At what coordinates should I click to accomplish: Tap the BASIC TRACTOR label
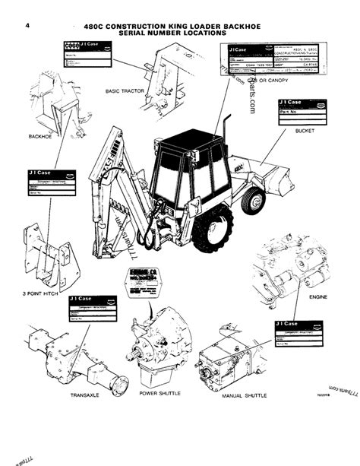(x=125, y=90)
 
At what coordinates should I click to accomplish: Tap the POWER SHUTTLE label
(x=159, y=394)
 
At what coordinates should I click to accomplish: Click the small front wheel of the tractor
(x=251, y=201)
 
